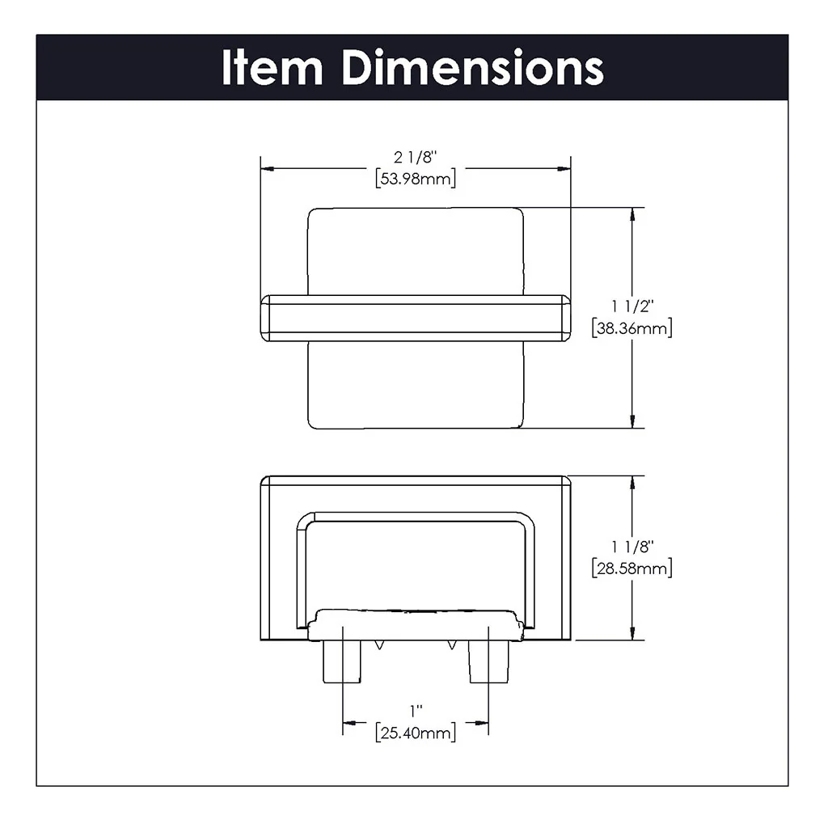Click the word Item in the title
click(x=272, y=68)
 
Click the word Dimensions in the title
click(x=472, y=68)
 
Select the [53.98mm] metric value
click(x=416, y=179)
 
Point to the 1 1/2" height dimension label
click(x=632, y=307)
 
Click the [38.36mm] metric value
click(x=632, y=328)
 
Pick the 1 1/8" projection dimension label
click(x=632, y=547)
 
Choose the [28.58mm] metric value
click(x=632, y=568)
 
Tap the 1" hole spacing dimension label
click(x=416, y=712)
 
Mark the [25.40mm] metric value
click(x=416, y=733)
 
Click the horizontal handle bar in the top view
click(x=416, y=318)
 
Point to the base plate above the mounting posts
click(x=416, y=623)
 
